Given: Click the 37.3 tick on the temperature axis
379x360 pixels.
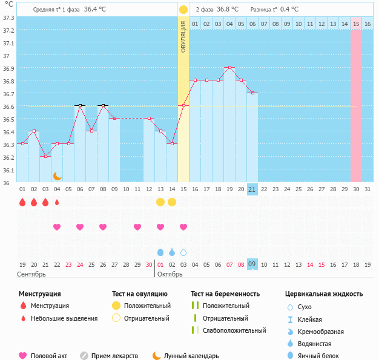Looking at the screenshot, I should (x=8, y=18).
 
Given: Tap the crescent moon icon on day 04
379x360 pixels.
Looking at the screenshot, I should (x=58, y=175).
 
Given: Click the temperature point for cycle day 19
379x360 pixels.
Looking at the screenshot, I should (x=229, y=68).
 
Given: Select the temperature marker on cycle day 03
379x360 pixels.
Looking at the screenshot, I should (x=45, y=156).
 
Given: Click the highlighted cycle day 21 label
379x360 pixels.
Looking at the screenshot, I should (x=252, y=189).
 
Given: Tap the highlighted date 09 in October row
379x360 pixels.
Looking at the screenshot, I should (x=252, y=264).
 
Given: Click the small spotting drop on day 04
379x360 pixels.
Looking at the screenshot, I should (x=57, y=202).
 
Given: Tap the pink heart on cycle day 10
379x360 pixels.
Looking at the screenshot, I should (x=137, y=227).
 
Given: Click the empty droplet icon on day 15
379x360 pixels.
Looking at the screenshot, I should (x=183, y=252).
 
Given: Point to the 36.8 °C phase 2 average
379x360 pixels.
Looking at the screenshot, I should (x=228, y=10).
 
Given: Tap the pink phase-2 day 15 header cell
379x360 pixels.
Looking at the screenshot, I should (x=356, y=24).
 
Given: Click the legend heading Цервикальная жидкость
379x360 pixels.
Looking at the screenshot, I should (x=324, y=294).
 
